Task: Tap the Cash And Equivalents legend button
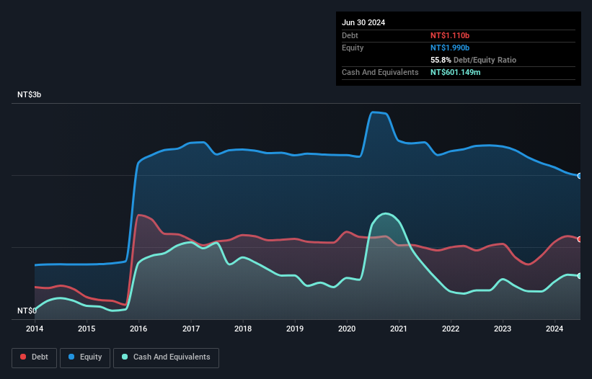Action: (x=166, y=357)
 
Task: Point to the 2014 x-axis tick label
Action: (x=35, y=329)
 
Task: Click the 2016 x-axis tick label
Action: (x=138, y=329)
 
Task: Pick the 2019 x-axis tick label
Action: (x=295, y=329)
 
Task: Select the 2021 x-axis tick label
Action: (x=399, y=329)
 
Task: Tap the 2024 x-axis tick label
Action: (x=555, y=329)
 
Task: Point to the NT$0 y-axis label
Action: (x=27, y=311)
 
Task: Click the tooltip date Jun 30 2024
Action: (x=363, y=22)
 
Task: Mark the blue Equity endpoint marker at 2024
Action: (x=579, y=176)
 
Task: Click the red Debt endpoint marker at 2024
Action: (x=579, y=239)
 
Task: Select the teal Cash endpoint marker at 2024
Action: (x=579, y=276)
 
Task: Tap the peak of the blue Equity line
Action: (x=374, y=112)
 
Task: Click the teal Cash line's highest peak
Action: (x=386, y=213)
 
